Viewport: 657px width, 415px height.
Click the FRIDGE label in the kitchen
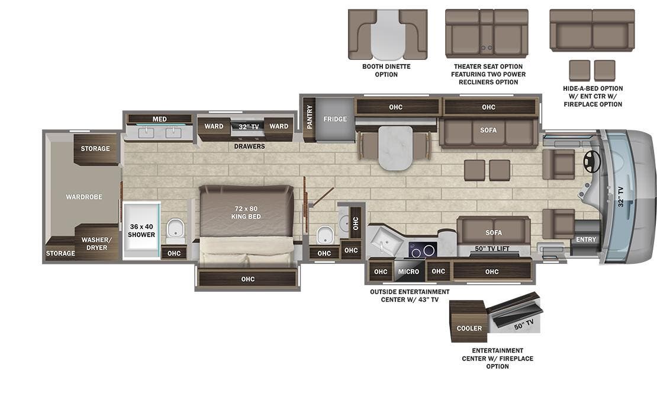pyautogui.click(x=335, y=119)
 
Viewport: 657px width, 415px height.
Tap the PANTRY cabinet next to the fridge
pyautogui.click(x=309, y=117)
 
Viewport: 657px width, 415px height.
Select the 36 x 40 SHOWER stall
pyautogui.click(x=141, y=230)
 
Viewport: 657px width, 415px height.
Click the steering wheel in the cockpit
pyautogui.click(x=590, y=160)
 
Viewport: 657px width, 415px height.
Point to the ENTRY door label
pyautogui.click(x=587, y=240)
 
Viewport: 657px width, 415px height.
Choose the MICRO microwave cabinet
pyautogui.click(x=408, y=272)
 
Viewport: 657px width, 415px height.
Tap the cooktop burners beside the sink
pyautogui.click(x=422, y=250)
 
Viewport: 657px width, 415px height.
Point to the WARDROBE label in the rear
pyautogui.click(x=84, y=196)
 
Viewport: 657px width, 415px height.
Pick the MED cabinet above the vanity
pyautogui.click(x=159, y=119)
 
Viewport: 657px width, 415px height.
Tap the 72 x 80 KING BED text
pyautogui.click(x=246, y=212)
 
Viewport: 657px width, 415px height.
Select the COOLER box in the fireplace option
pyautogui.click(x=469, y=328)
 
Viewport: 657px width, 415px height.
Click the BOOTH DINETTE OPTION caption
pyautogui.click(x=386, y=71)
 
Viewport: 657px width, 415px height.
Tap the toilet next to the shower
pyautogui.click(x=174, y=231)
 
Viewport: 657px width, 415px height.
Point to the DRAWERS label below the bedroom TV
pyautogui.click(x=249, y=146)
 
